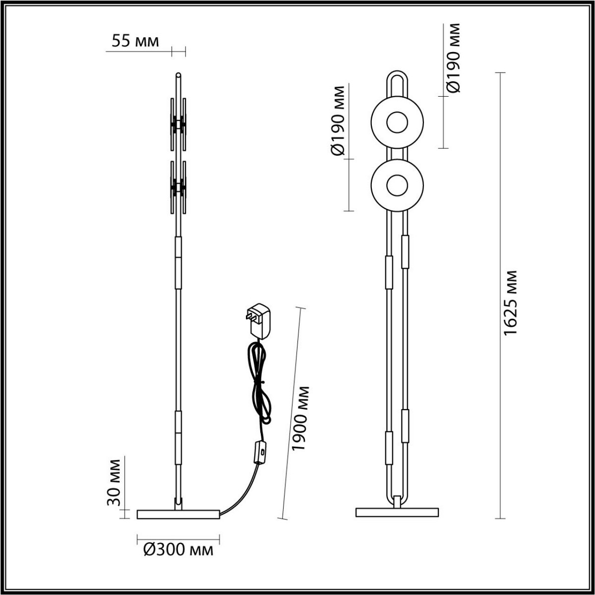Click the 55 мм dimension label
[135, 42]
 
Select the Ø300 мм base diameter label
[178, 549]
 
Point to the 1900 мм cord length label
[300, 417]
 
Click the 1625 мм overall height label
[510, 302]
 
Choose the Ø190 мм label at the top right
[453, 58]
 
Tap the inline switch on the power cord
[260, 452]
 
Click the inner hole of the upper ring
[397, 122]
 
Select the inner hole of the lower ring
[397, 185]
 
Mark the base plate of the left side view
[178, 514]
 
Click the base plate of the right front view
[397, 512]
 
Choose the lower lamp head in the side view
[178, 187]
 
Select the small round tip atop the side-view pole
[178, 75]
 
